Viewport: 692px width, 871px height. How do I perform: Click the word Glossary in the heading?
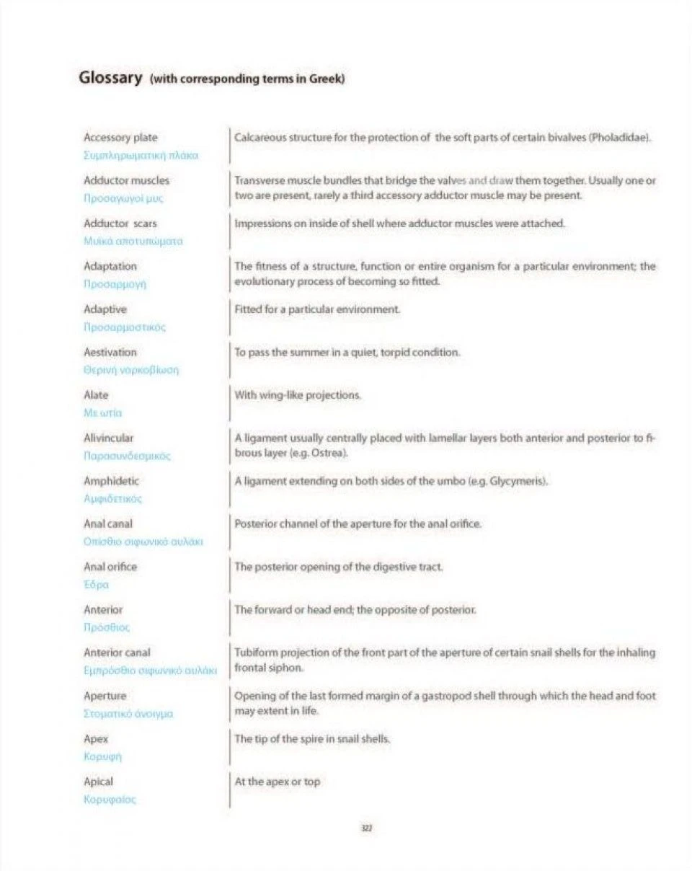tap(109, 77)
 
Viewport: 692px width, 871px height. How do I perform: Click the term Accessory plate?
tap(120, 137)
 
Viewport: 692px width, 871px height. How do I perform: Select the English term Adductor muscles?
tap(127, 180)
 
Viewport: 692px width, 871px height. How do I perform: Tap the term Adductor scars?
tap(120, 224)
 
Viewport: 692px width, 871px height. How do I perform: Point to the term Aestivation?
tap(110, 352)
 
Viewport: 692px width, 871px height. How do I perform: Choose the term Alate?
tap(97, 395)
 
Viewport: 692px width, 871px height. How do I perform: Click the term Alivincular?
tap(109, 438)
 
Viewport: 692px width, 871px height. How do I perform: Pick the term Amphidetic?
tap(112, 480)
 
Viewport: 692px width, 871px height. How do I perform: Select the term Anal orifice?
tap(110, 567)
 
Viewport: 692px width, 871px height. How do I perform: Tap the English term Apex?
tap(95, 739)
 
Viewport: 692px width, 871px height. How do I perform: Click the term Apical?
tap(99, 782)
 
